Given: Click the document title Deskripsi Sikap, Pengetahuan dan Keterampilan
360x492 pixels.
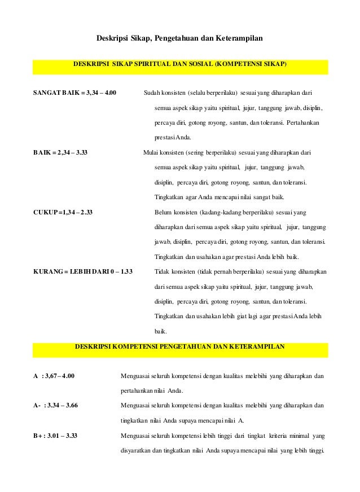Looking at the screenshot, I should (x=179, y=39).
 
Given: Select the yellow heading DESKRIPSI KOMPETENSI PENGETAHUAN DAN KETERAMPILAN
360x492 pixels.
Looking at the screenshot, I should (x=180, y=346).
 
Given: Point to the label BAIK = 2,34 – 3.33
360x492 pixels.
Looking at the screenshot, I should (x=60, y=152).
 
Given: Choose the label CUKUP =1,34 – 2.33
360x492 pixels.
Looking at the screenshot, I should (x=63, y=213).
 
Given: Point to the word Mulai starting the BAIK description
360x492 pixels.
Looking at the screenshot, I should (x=152, y=152).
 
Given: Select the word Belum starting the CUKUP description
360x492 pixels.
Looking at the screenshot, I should (x=164, y=213).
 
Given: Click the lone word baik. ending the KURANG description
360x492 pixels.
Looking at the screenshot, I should (x=161, y=331).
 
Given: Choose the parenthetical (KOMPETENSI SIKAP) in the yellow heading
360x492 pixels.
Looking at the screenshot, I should (x=250, y=65).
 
